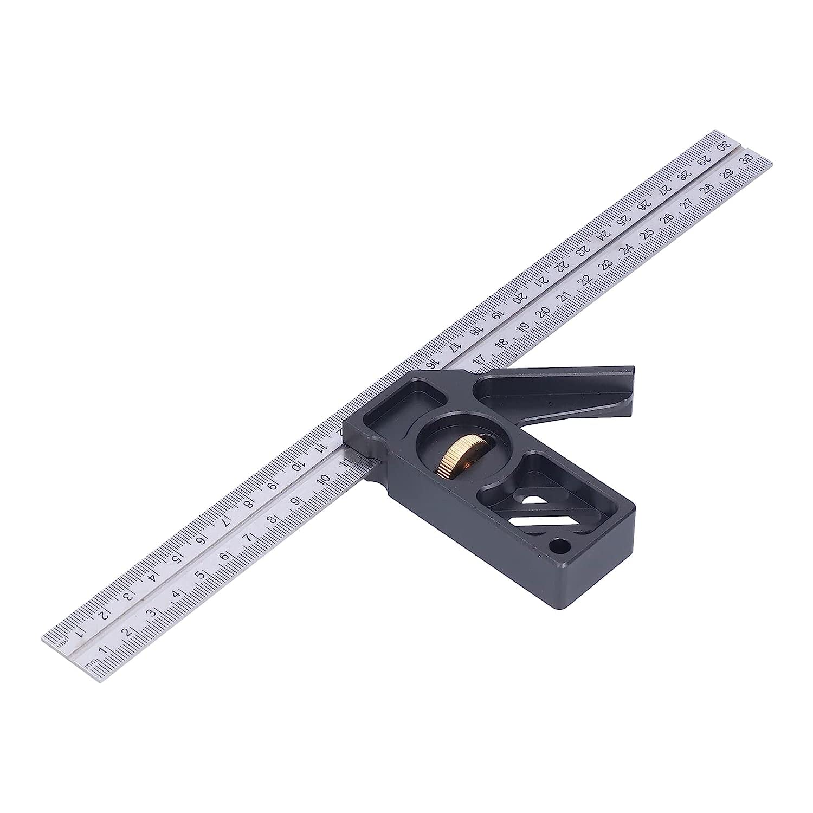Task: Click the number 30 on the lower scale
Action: (749, 158)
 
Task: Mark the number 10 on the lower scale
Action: (324, 480)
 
